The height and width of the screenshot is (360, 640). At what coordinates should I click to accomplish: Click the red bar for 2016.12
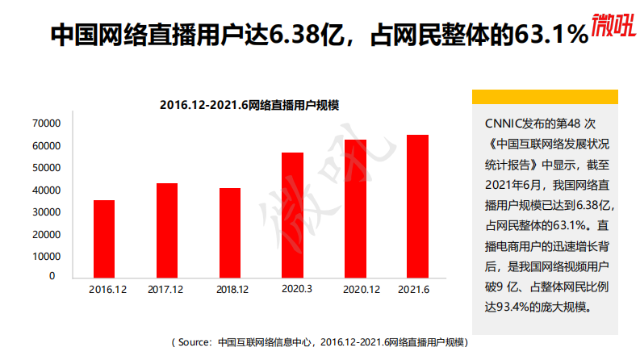click(x=104, y=238)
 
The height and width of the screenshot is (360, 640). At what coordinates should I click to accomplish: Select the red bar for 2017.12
click(x=167, y=230)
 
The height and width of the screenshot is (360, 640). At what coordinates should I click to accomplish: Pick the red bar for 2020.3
click(x=292, y=215)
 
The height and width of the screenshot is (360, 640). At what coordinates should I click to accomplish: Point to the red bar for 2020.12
click(x=355, y=208)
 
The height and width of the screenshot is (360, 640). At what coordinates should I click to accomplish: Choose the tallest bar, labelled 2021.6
click(x=417, y=206)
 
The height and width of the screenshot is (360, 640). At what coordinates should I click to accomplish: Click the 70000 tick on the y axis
click(x=46, y=123)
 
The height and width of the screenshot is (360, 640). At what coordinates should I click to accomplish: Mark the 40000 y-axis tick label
click(x=46, y=190)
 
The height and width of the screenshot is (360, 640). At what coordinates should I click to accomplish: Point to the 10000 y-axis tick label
click(x=46, y=256)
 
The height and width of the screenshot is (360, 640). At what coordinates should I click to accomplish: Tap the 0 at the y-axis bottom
click(x=52, y=275)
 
